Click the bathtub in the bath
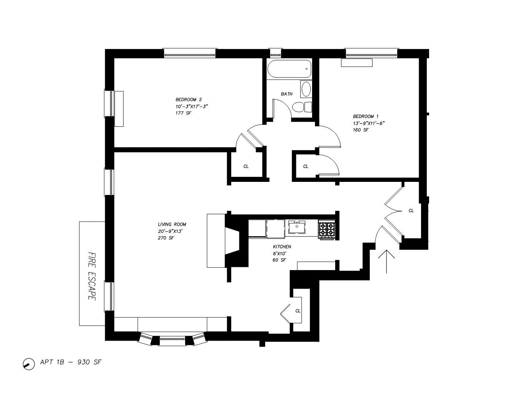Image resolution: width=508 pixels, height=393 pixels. click(x=289, y=69)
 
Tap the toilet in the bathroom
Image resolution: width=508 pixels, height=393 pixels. click(x=302, y=107)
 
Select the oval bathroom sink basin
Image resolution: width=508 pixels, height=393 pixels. click(x=306, y=89)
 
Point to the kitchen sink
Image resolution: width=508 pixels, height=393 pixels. click(x=297, y=227)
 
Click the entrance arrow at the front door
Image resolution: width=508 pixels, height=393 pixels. click(x=386, y=261)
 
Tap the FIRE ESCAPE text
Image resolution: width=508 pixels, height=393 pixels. click(x=92, y=276)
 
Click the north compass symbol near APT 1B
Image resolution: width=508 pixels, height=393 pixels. click(x=29, y=364)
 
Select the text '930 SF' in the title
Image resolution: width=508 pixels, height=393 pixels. click(x=90, y=362)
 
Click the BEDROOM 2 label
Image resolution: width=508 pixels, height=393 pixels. click(x=189, y=99)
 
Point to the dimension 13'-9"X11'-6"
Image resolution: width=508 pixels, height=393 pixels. click(x=369, y=123)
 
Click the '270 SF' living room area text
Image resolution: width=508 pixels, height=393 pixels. click(x=166, y=238)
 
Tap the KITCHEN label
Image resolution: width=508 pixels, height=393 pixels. click(x=282, y=247)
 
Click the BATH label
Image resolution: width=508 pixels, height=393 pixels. click(x=287, y=94)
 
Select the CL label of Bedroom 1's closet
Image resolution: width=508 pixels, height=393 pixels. click(x=306, y=166)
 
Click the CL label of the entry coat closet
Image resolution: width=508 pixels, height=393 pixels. click(x=411, y=211)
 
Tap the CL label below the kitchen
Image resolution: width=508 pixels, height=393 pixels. click(x=297, y=311)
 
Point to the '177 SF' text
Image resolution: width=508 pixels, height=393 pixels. click(x=183, y=113)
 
